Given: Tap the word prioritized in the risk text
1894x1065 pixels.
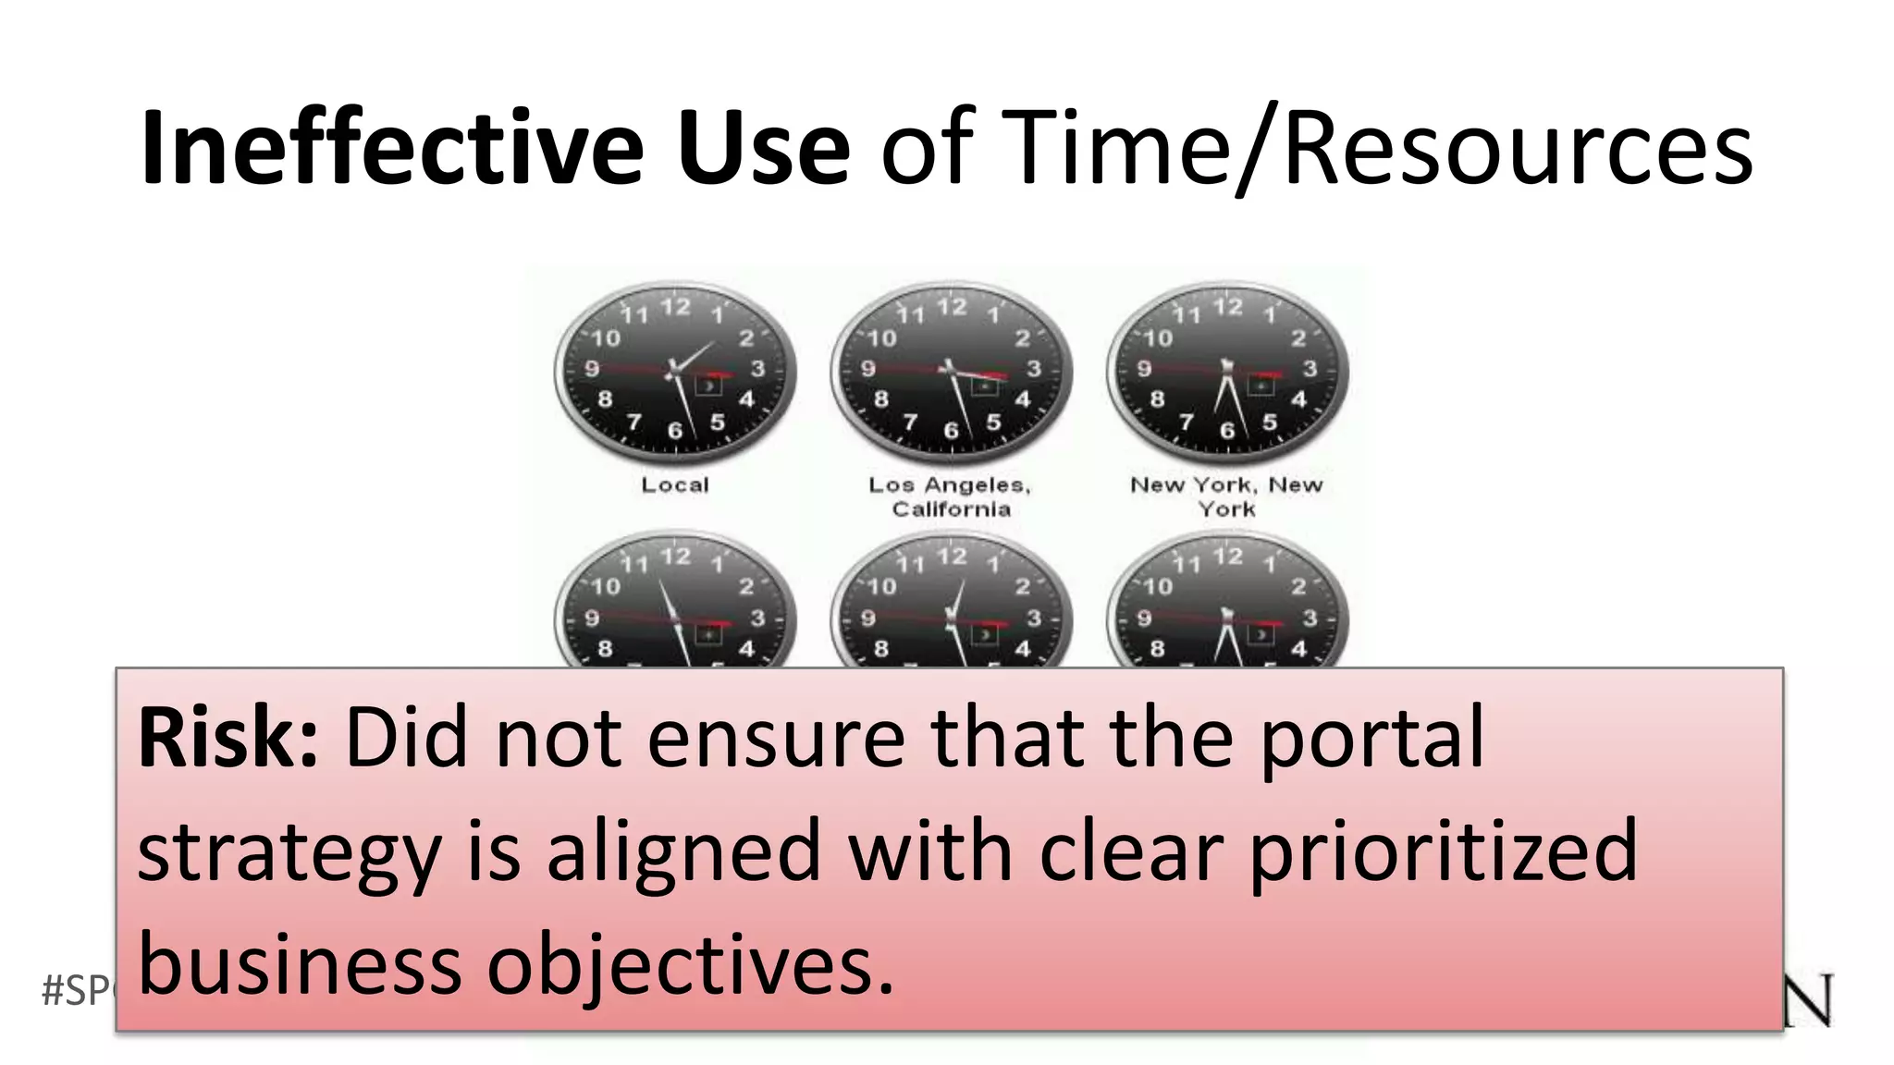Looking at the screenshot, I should click(1443, 852).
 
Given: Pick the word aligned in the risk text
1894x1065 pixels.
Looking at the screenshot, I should click(683, 852).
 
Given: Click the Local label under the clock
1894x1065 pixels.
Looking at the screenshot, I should click(675, 485).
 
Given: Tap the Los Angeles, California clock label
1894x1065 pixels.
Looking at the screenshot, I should click(950, 496).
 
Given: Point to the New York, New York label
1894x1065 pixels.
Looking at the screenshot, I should click(1226, 496).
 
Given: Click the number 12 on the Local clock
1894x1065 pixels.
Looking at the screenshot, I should click(675, 307).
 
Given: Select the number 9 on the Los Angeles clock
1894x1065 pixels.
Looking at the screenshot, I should click(867, 369).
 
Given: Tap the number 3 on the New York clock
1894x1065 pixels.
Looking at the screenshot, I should click(1310, 369).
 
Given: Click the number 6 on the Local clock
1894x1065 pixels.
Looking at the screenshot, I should click(675, 431).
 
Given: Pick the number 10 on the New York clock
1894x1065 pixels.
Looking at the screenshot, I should click(1158, 338).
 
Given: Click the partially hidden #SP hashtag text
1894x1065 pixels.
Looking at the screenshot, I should click(78, 991).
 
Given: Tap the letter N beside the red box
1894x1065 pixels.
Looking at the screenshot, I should click(1808, 1000).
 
